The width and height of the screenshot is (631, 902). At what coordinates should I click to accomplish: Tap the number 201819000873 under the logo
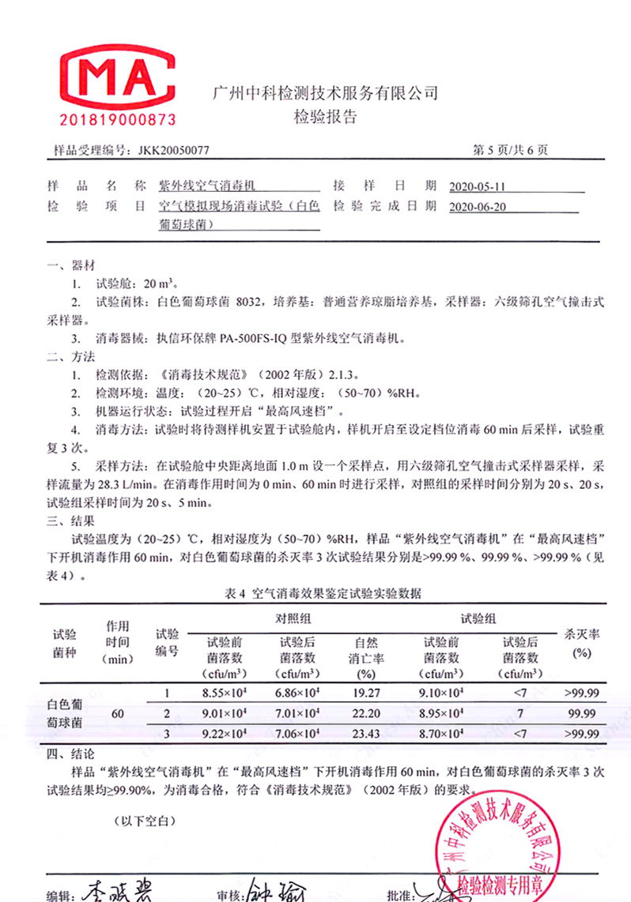pyautogui.click(x=118, y=121)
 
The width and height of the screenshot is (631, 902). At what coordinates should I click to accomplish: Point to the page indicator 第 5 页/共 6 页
pyautogui.click(x=509, y=150)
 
